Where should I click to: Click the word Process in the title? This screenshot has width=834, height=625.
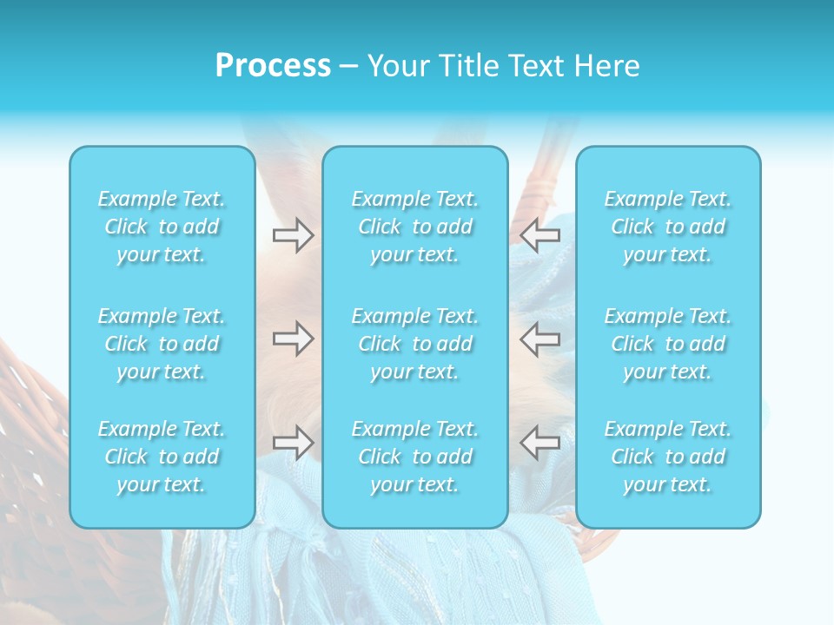(273, 66)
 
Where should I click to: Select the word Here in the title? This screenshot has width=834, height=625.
(607, 66)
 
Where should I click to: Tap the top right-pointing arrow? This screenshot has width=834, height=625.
(293, 234)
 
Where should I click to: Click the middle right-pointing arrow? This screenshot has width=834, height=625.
(293, 339)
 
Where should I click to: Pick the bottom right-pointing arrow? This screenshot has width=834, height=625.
(293, 442)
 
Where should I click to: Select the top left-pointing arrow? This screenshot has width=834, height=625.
(540, 234)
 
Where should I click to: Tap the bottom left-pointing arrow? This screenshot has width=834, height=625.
(540, 442)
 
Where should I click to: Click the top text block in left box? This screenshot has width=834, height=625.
(162, 227)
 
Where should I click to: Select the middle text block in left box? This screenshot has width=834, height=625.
(162, 344)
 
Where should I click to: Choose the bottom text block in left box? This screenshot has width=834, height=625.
(162, 457)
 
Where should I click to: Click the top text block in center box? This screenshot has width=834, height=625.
(415, 227)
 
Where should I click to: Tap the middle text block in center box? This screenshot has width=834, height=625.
(415, 344)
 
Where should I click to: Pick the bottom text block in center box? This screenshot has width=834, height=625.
(415, 457)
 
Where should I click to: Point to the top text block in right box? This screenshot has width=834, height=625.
(668, 227)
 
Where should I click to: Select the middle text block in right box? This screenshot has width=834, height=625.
(668, 344)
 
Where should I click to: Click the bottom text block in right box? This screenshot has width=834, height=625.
(668, 457)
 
